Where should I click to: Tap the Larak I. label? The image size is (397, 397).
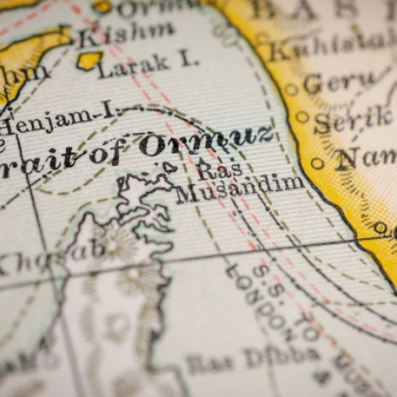pyautogui.click(x=147, y=64)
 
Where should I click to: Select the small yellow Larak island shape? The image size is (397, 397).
pyautogui.click(x=90, y=60)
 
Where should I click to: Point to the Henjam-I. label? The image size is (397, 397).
pyautogui.click(x=56, y=121)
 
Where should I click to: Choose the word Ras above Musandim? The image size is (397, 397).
pyautogui.click(x=207, y=168)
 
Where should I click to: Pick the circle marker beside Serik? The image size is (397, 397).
pyautogui.click(x=302, y=117)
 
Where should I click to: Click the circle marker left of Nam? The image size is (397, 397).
pyautogui.click(x=318, y=163)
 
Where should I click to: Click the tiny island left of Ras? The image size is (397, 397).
pyautogui.click(x=169, y=166)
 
